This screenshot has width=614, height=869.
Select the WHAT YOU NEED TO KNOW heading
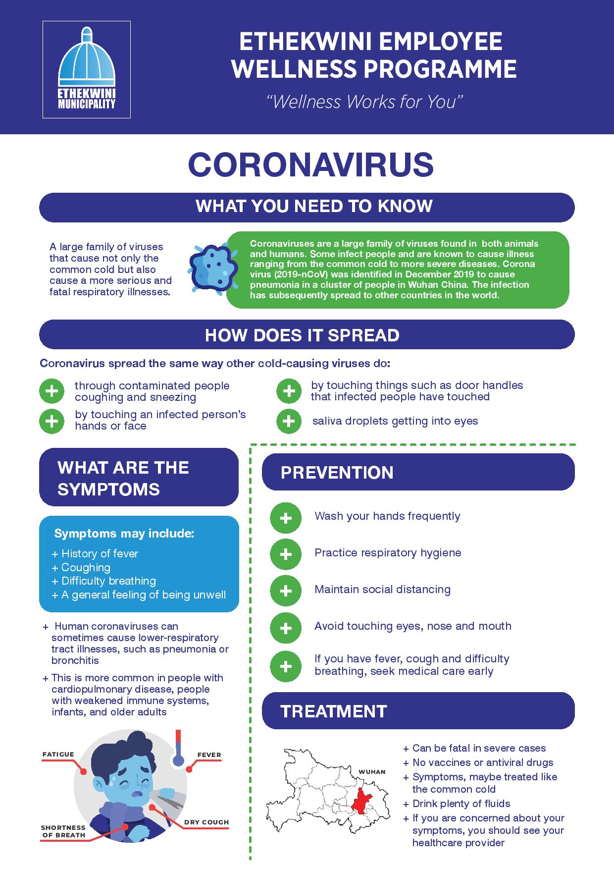click(x=314, y=206)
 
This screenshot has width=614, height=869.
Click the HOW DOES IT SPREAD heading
click(x=302, y=335)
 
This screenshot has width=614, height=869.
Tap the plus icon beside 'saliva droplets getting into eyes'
click(x=289, y=421)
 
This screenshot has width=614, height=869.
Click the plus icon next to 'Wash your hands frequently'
click(x=286, y=518)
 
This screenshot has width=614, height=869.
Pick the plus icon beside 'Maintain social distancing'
click(x=286, y=591)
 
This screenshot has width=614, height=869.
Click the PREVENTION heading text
click(x=337, y=472)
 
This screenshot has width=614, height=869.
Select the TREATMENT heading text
click(x=333, y=711)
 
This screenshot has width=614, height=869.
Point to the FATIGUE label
click(x=58, y=755)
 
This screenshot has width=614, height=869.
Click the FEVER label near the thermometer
click(x=209, y=755)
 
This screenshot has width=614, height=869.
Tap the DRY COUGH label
click(x=206, y=822)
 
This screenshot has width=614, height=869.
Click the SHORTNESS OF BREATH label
click(x=63, y=831)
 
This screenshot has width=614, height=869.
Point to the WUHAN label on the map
click(x=372, y=772)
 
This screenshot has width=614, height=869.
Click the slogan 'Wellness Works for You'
click(x=364, y=102)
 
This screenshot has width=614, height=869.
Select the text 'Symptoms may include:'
click(x=124, y=534)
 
